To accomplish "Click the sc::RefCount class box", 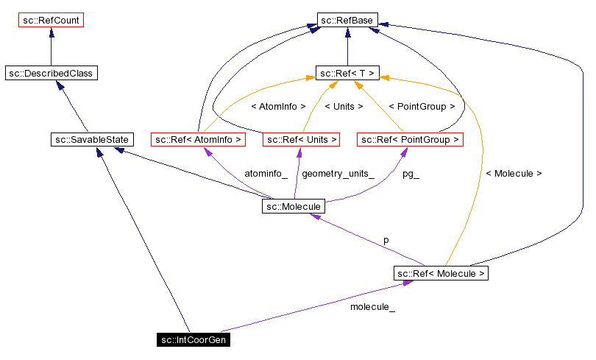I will coord(51,20).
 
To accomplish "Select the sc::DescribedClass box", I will coord(51,73).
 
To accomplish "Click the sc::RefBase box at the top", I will coord(347,20).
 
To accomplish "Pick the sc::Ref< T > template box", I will coord(347,73).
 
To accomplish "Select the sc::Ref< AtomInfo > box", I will coord(198,139).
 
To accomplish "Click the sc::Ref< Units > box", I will coord(301,139).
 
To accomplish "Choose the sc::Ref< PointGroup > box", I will coord(410,139).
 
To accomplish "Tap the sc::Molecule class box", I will coord(292,207).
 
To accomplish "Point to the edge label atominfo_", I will coord(266,174).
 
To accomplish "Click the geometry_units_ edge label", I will coord(338,174).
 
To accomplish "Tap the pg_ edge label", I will coord(411,174).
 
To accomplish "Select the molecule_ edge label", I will coord(372,307).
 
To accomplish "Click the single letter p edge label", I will coord(386,240).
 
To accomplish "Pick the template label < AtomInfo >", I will coord(278,107).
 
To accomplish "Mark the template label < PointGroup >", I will coord(421,107).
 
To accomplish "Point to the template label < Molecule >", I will coord(514,174).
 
